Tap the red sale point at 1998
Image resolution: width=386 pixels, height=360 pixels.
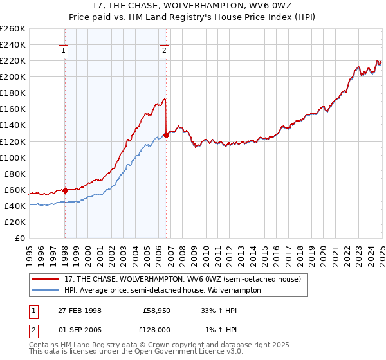pos(66,190)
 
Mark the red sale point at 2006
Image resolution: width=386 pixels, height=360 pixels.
pos(166,134)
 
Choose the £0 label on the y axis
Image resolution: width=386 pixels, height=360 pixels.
pos(20,238)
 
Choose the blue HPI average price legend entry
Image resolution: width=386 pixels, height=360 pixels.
pos(161,290)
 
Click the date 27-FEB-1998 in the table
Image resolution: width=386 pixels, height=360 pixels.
pos(80,310)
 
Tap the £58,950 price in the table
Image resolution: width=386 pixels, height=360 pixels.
pos(155,310)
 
